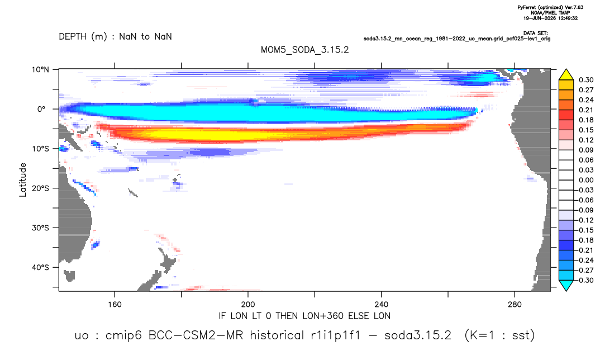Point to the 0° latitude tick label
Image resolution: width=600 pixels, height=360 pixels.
coord(41,109)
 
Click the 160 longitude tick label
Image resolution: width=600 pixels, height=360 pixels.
coord(115,305)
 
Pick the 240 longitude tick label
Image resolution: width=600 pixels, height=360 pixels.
coord(382,305)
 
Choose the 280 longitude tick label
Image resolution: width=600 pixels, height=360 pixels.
coord(515,305)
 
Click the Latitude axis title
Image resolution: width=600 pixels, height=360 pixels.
coord(23,180)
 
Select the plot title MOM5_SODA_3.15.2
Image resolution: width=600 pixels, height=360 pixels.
coord(304,50)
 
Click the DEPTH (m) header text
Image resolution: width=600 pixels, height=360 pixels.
coord(83,37)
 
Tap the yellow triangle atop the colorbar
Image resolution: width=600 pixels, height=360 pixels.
coord(566,74)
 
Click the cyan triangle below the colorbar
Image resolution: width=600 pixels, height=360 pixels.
coord(566,286)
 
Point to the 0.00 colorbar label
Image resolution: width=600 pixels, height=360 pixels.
coord(586,180)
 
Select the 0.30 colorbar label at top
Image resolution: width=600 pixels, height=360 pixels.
coord(586,80)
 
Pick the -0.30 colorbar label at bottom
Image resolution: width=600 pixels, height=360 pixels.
coord(585,280)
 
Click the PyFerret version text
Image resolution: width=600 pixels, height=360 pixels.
coord(550,7)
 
